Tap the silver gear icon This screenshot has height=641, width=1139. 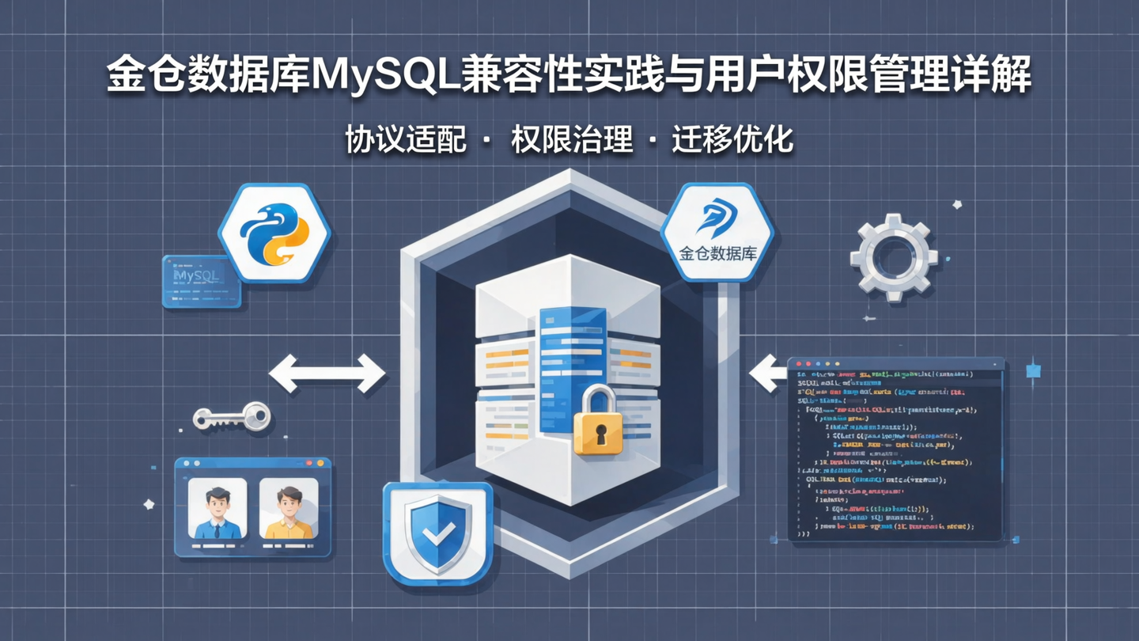point(894,257)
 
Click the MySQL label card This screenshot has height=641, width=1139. point(201,281)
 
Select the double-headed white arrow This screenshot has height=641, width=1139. point(327,373)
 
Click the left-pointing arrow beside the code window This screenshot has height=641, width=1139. point(767,373)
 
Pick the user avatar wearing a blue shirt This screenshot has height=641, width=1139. point(218,510)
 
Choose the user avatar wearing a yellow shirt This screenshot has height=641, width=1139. point(289,510)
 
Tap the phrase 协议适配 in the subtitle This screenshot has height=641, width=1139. point(406,140)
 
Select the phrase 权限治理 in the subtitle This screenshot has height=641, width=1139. point(572,140)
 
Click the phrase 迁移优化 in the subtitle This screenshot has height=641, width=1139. point(732,140)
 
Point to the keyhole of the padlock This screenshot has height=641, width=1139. point(599,434)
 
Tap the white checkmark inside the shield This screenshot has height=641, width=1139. point(437,535)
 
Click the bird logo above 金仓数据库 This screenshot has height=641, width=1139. point(717,218)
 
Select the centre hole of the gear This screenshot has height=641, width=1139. point(894,257)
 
